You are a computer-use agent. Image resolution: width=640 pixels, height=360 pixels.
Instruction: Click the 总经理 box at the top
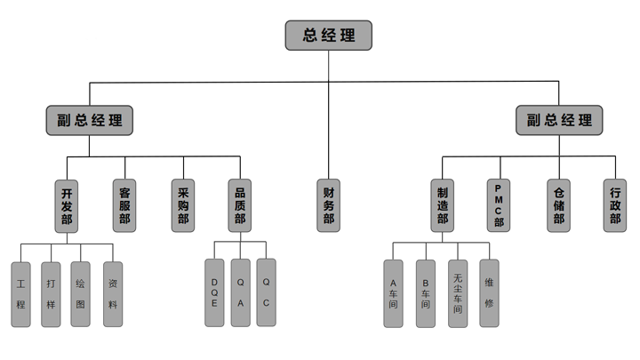click(x=328, y=36)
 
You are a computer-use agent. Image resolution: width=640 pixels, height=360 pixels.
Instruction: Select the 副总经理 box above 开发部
click(x=90, y=120)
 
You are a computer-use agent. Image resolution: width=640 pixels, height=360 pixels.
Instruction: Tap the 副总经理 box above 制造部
click(x=559, y=120)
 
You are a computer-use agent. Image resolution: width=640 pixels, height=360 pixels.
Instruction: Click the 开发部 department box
click(x=67, y=205)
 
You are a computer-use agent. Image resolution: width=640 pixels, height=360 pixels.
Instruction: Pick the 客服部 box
click(x=124, y=205)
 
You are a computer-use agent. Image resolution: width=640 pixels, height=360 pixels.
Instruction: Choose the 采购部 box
click(x=183, y=205)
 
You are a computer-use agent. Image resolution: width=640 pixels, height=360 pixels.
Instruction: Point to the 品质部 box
click(x=240, y=205)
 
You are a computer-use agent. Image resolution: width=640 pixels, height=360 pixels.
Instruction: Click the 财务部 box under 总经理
click(x=329, y=205)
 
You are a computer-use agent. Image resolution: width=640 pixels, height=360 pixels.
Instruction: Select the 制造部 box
click(x=443, y=205)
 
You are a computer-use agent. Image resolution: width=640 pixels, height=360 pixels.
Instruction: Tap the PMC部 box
click(x=500, y=205)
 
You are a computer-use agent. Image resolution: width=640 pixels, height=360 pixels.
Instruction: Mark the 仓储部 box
click(x=558, y=205)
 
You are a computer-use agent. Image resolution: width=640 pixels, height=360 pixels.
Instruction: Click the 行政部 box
click(x=615, y=205)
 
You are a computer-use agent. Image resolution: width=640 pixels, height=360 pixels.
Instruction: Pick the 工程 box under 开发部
click(x=21, y=293)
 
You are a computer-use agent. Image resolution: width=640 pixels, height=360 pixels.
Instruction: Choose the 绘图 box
click(x=80, y=293)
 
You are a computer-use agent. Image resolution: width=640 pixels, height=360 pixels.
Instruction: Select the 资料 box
click(x=112, y=293)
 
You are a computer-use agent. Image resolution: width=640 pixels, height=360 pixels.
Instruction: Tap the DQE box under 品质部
click(x=214, y=292)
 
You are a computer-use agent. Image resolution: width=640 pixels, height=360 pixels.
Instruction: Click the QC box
click(x=266, y=292)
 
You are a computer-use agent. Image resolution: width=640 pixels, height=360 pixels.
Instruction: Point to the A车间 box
click(x=393, y=293)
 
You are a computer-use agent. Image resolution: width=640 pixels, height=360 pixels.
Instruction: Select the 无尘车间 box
click(x=458, y=293)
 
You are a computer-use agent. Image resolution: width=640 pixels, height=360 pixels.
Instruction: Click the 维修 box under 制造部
click(x=489, y=293)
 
